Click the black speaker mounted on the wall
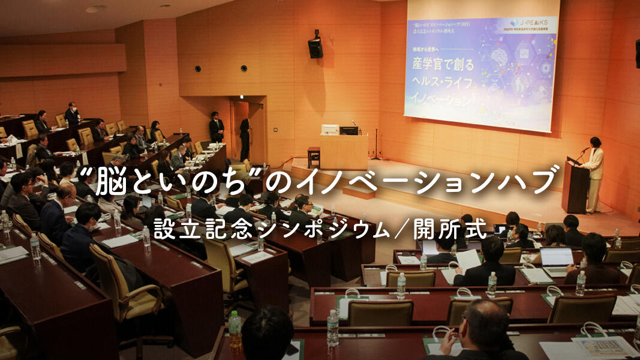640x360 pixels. [x=315, y=45]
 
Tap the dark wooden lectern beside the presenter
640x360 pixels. [x=575, y=185]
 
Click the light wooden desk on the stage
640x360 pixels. [x=343, y=152]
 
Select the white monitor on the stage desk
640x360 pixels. [x=330, y=130]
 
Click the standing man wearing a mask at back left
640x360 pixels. [x=72, y=114]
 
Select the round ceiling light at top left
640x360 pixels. [x=95, y=9]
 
